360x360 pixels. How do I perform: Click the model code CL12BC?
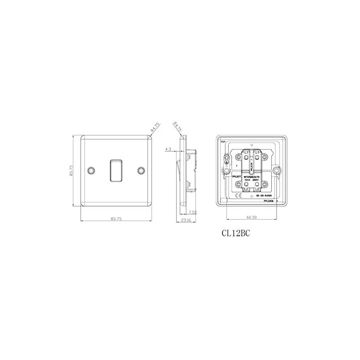(x=235, y=234)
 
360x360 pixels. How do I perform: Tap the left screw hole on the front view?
(x=93, y=171)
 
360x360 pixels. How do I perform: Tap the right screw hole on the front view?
(x=141, y=171)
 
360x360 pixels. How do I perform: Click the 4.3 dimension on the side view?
(x=168, y=148)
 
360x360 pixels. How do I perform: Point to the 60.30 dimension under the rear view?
(x=252, y=217)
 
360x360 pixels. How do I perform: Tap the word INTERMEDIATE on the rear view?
(x=252, y=178)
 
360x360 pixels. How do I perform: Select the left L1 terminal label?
(x=247, y=153)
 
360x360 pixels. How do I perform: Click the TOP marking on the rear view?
(x=222, y=142)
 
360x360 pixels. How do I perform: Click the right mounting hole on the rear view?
(x=276, y=171)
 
